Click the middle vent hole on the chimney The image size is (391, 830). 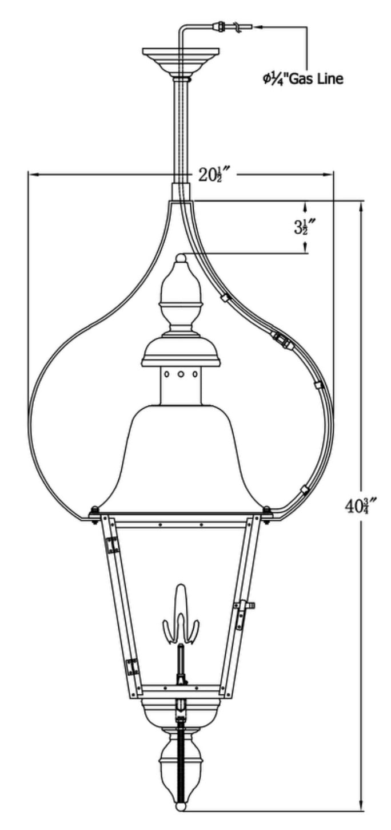point(181,374)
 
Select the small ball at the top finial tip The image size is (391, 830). point(181,257)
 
